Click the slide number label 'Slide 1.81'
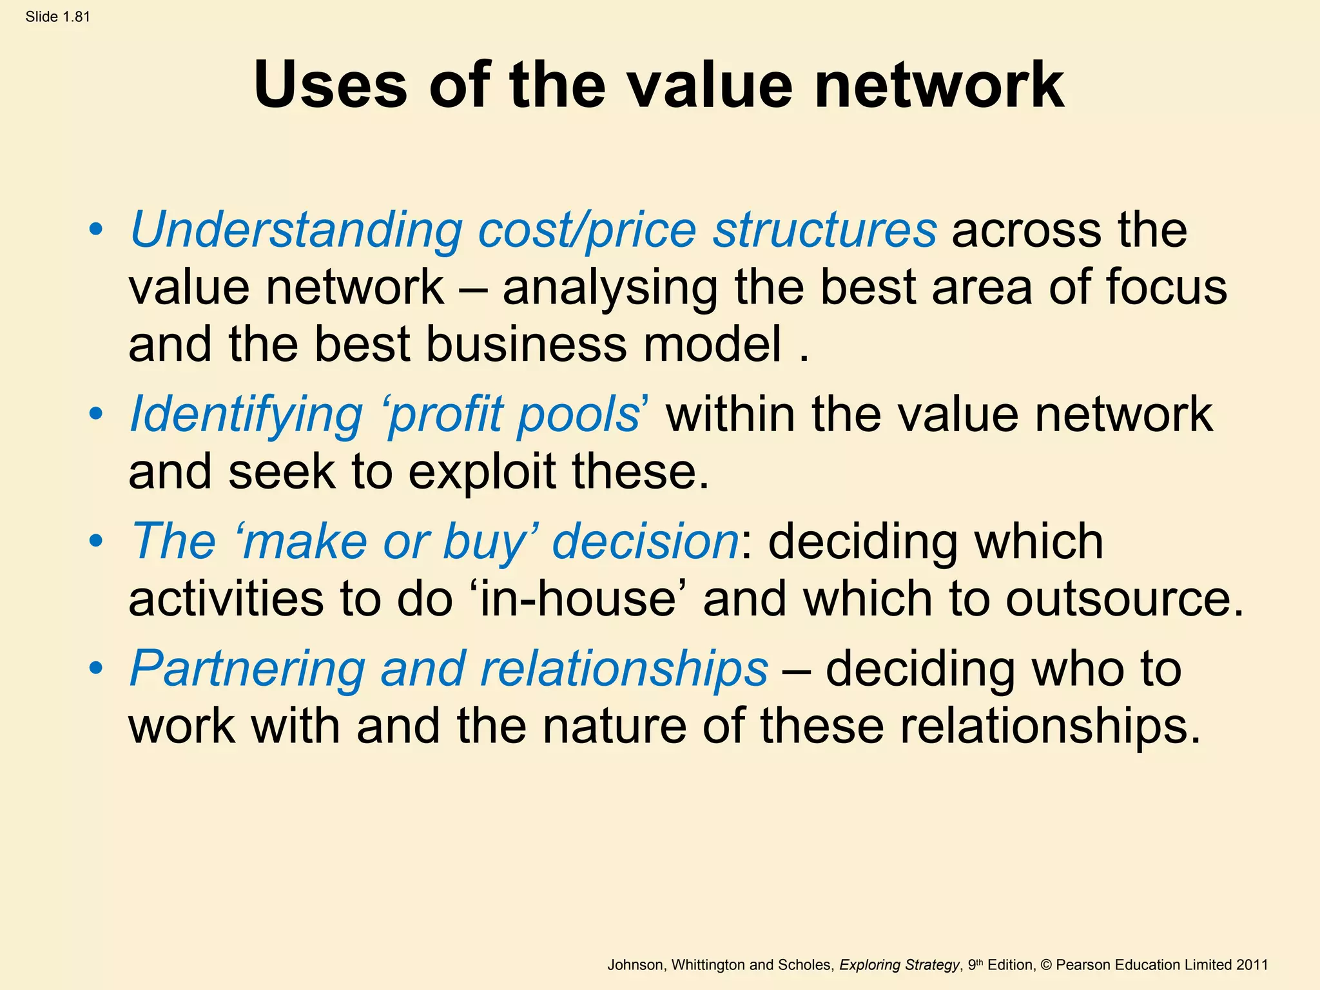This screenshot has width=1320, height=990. tap(58, 17)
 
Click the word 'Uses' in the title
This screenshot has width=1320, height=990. tap(331, 85)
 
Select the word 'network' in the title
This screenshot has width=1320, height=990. tap(939, 85)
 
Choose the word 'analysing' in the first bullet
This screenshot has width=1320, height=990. tap(610, 288)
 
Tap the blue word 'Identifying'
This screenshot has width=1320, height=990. tap(246, 415)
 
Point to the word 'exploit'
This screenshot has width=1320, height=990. tap(482, 472)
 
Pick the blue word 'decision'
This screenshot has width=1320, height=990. tap(645, 541)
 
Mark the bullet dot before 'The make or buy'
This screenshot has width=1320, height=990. tap(96, 541)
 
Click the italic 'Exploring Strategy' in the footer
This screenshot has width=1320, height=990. tap(899, 965)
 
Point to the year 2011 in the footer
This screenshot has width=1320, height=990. tap(1252, 965)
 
